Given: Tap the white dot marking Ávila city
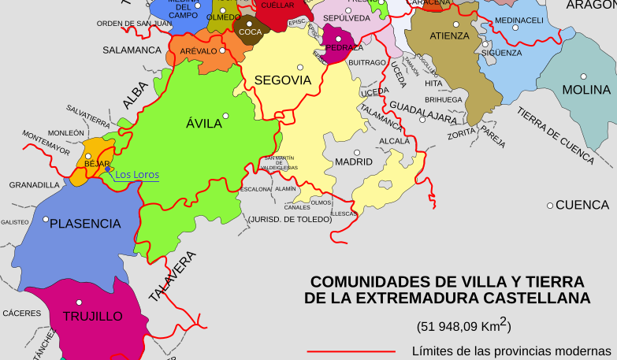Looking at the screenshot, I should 225,117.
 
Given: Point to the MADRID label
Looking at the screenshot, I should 354,162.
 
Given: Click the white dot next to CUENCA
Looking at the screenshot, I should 550,206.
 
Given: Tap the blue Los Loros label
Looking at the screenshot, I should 137,175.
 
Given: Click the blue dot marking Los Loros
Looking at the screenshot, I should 108,168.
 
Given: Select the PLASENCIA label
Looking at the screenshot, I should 85,224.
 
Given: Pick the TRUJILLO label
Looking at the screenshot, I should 92,316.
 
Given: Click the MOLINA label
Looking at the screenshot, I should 586,90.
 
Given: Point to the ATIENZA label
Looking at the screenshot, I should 449,36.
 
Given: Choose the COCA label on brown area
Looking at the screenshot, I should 250,32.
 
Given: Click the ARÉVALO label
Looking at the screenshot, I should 198,50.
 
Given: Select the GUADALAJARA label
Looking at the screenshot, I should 423,112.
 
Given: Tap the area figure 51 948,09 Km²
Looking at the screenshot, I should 463,324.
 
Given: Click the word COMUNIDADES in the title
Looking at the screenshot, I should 362,282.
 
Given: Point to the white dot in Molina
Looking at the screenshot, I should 584,76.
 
